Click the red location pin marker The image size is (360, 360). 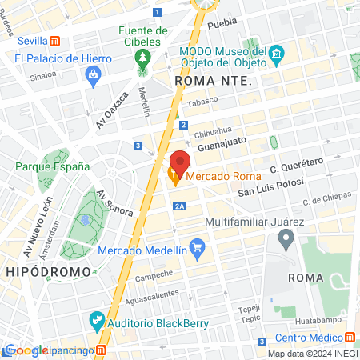point(180,162)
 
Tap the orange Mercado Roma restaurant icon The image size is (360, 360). point(174,177)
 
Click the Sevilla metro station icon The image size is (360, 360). point(54,41)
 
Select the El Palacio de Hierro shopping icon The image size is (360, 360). point(93,74)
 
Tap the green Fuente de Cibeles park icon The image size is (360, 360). point(143,58)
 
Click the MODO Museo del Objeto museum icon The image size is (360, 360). point(277,55)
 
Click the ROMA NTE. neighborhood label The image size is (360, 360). point(213,81)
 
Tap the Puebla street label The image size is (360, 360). point(222,25)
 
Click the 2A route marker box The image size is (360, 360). point(180,206)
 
